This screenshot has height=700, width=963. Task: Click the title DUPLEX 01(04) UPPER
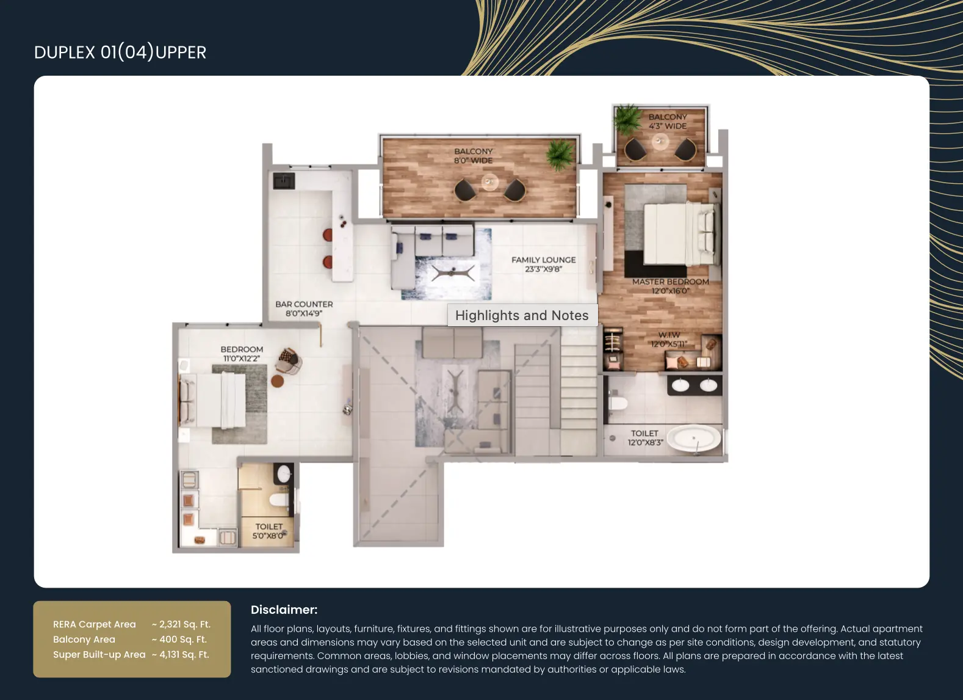click(x=120, y=53)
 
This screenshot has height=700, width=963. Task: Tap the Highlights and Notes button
click(x=522, y=315)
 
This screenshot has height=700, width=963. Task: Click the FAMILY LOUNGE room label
click(x=543, y=260)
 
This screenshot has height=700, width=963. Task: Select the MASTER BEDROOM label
click(x=670, y=282)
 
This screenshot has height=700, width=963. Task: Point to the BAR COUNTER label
click(x=304, y=304)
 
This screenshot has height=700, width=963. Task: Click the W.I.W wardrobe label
click(x=669, y=335)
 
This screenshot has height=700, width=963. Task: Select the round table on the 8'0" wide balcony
click(x=489, y=182)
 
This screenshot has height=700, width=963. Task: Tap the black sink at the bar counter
click(x=284, y=181)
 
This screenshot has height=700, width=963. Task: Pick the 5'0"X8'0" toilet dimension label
click(x=268, y=536)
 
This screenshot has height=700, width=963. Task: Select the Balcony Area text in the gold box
click(x=84, y=640)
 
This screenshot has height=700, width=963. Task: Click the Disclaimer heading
click(x=284, y=610)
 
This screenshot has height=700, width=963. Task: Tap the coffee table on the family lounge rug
click(x=453, y=272)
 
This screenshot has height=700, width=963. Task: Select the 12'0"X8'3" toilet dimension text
click(x=645, y=442)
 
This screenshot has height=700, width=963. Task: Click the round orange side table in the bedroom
click(x=277, y=381)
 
